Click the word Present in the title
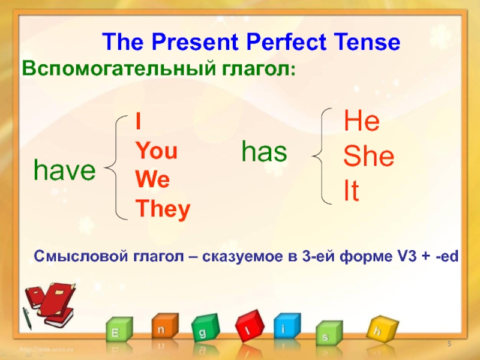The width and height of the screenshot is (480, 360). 194,41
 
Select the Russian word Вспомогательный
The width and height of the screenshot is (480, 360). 119,69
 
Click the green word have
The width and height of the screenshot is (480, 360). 65,170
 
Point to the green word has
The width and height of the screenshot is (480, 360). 264,151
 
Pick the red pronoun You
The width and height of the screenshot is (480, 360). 157,151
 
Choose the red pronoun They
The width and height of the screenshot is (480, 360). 163,209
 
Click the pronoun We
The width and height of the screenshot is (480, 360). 152,179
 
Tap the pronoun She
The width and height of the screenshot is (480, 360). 368,155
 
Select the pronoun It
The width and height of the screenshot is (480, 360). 352,190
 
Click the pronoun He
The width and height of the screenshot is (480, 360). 362,121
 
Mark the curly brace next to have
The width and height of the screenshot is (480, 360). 116,167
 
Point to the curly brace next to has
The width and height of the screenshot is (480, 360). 322,156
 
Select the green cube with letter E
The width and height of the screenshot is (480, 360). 119,329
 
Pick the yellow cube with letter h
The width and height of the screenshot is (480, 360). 382,329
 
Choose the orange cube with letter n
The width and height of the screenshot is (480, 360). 164,326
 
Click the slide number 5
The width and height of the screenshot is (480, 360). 449,344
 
